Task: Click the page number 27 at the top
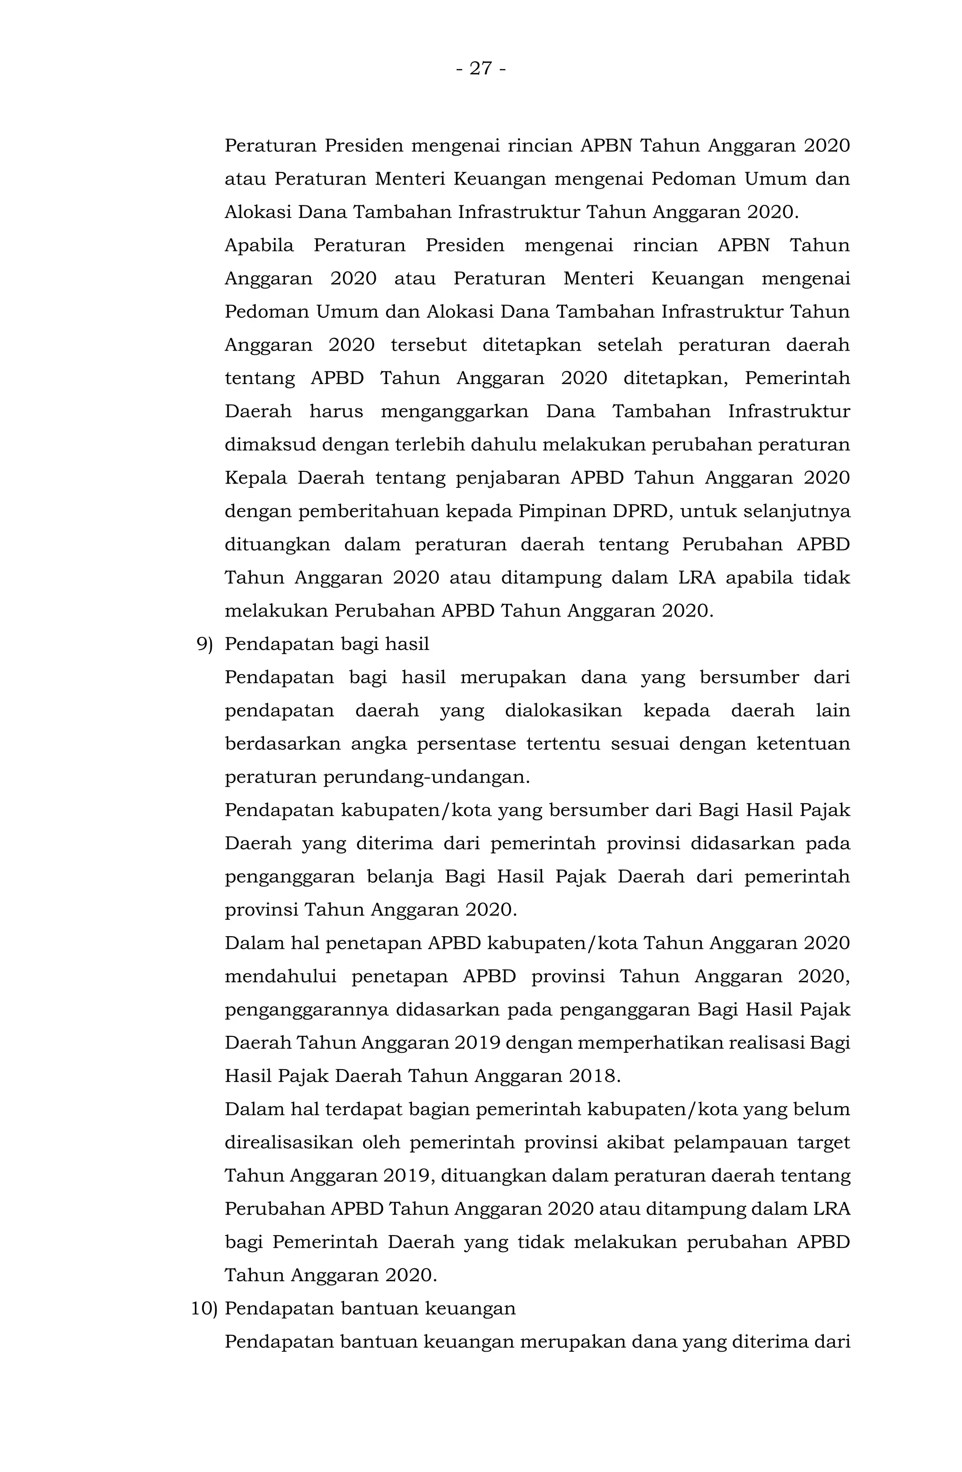481,68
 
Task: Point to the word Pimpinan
560,511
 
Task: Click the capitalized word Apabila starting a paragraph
259,245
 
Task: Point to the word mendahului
280,977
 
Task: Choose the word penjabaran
508,478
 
